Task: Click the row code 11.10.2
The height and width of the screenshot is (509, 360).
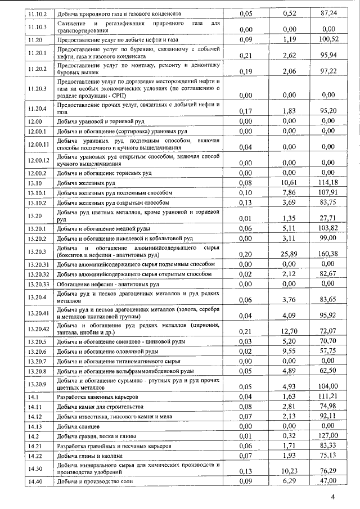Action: click(x=38, y=12)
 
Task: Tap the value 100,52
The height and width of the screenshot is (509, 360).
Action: click(x=327, y=40)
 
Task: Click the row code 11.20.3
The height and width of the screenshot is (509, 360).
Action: click(x=38, y=89)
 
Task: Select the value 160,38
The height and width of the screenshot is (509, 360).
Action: click(x=327, y=254)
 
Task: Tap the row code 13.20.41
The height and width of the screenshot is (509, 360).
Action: click(x=39, y=312)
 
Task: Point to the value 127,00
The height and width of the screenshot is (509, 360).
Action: click(x=327, y=435)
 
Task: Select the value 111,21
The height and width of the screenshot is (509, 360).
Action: click(x=327, y=397)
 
